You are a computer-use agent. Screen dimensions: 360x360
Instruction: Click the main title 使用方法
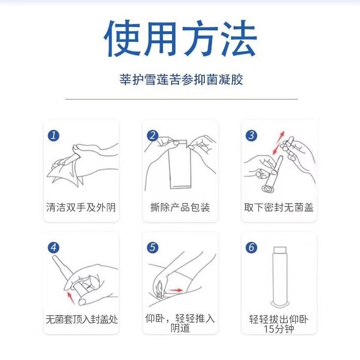point(180,38)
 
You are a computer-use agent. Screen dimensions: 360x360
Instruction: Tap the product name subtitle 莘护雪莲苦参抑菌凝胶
point(181,79)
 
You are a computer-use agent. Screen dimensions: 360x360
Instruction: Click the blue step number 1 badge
point(53,136)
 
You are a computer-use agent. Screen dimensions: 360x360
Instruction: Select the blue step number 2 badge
point(153,136)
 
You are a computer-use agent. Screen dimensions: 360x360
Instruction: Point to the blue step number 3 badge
point(251,136)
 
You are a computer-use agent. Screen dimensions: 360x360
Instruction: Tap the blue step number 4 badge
point(53,248)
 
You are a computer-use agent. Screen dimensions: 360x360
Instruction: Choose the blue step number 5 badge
point(153,248)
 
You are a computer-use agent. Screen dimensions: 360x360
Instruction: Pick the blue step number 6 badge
point(251,248)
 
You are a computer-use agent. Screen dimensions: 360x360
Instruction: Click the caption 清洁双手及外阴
point(81,207)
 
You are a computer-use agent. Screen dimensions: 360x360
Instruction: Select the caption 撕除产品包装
point(180,207)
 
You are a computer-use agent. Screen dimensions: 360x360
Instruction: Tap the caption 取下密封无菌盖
point(279,207)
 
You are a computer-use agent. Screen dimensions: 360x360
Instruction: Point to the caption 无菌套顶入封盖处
point(82,319)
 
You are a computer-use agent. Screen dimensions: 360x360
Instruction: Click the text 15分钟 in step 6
point(279,329)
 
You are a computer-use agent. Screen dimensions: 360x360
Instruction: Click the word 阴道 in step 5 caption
point(180,328)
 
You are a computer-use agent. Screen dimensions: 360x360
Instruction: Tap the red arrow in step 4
point(71,298)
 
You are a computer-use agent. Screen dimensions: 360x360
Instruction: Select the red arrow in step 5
point(176,290)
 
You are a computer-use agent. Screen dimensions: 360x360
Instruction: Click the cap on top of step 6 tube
point(280,250)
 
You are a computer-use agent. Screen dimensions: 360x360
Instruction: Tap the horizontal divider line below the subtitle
point(181,99)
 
